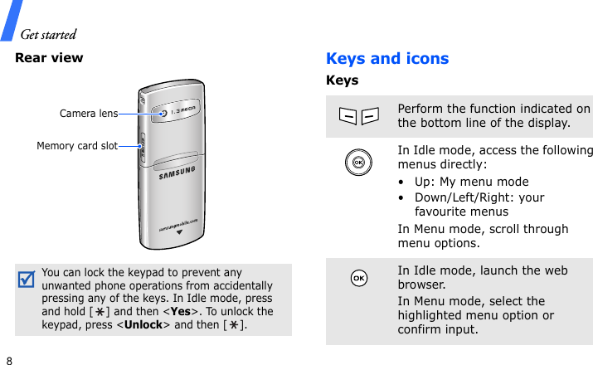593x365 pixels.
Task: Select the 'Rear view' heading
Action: tap(49, 58)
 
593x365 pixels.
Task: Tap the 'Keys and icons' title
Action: tap(387, 59)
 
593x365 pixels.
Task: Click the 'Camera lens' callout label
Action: tap(89, 113)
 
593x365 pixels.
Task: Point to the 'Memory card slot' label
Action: tap(77, 146)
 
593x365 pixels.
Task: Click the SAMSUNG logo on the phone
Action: tap(177, 173)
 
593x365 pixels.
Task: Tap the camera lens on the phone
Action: tap(163, 113)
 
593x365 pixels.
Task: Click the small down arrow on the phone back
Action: tap(177, 232)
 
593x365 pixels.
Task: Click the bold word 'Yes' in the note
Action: tap(182, 298)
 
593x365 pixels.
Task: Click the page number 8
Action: tap(8, 361)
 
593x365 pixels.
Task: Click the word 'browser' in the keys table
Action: tap(421, 285)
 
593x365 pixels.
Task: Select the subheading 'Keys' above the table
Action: tap(343, 80)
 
